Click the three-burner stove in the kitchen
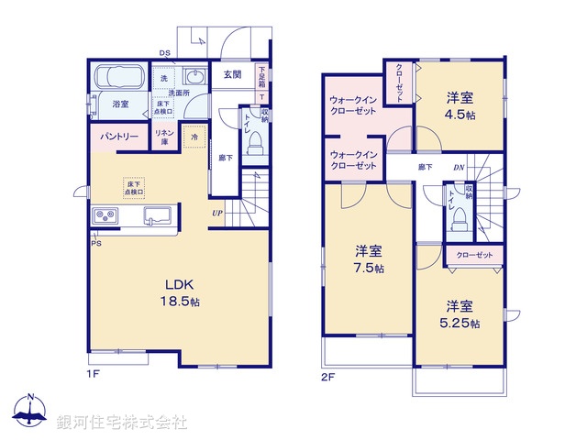[106, 216]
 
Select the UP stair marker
[216, 214]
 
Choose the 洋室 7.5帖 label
[370, 259]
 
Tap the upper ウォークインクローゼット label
[353, 104]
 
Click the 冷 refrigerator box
[194, 137]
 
